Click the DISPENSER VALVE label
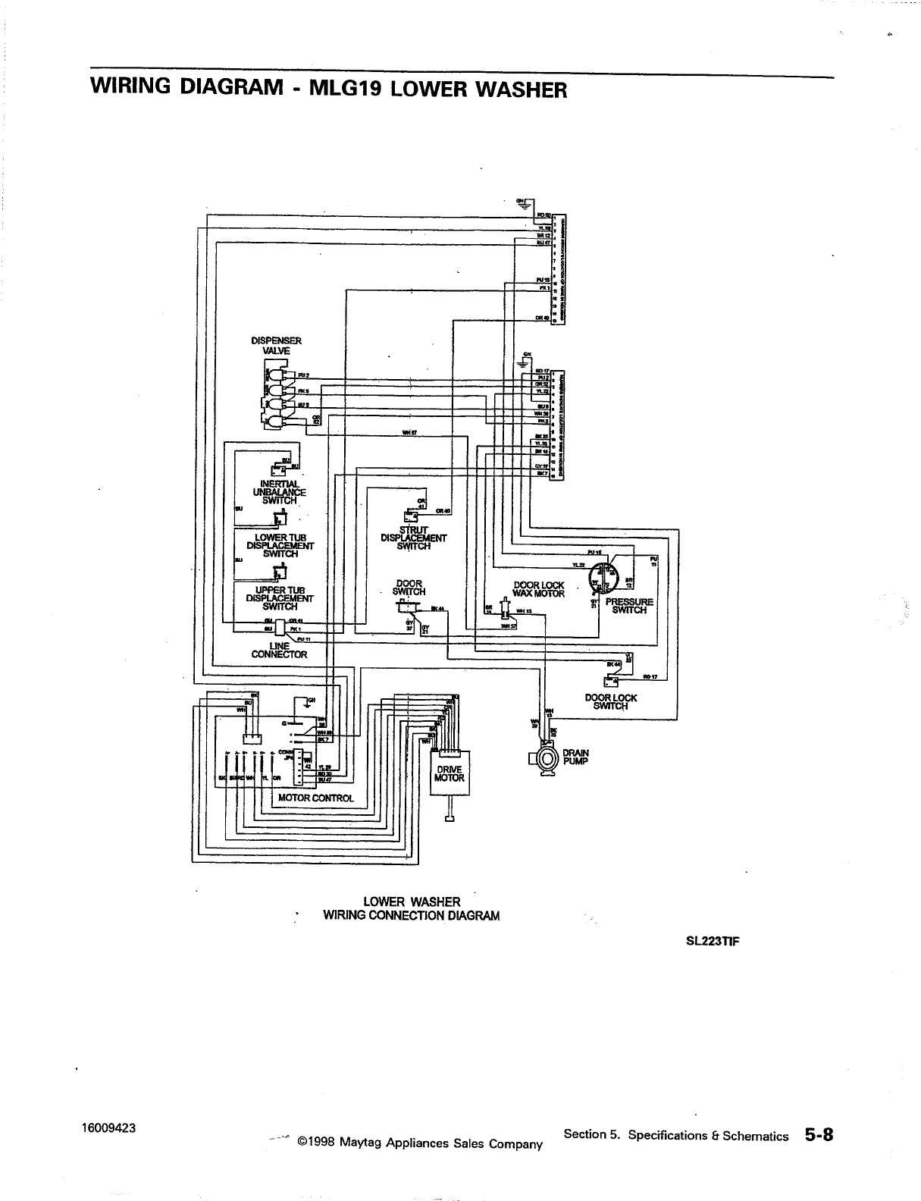276,346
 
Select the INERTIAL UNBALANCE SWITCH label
280,492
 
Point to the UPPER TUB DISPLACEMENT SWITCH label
280,598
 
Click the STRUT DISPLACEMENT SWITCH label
413,538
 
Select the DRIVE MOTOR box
450,773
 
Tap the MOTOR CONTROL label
316,798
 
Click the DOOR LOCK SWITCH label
610,702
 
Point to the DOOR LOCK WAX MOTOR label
538,589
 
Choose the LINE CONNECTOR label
279,650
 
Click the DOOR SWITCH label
409,588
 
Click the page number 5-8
819,1134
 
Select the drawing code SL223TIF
708,942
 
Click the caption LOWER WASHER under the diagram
412,902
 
